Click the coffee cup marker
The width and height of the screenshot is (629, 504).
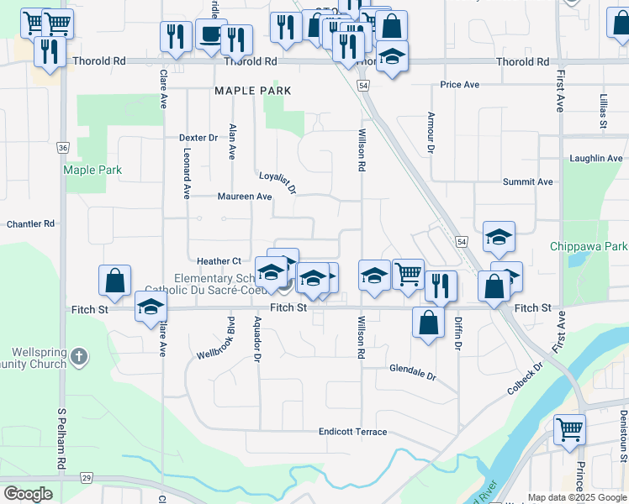pyautogui.click(x=211, y=36)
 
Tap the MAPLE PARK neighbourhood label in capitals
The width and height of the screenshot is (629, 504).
pyautogui.click(x=253, y=91)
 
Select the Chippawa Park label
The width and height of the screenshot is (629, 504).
pyautogui.click(x=589, y=246)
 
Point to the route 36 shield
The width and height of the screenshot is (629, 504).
pyautogui.click(x=63, y=147)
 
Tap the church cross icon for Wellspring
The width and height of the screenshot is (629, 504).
pyautogui.click(x=79, y=357)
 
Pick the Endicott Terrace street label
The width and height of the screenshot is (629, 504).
pyautogui.click(x=352, y=432)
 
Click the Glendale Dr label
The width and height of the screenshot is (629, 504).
pyautogui.click(x=413, y=371)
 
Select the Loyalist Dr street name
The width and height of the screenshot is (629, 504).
pyautogui.click(x=277, y=182)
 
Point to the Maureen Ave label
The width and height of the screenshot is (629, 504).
pyautogui.click(x=245, y=197)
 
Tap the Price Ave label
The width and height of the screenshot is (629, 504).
pyautogui.click(x=460, y=85)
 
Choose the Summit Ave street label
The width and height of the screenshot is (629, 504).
pyautogui.click(x=527, y=181)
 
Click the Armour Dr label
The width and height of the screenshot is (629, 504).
pyautogui.click(x=431, y=133)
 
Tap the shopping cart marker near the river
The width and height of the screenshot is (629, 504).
pyautogui.click(x=570, y=429)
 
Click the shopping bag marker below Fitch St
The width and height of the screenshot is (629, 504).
pyautogui.click(x=429, y=322)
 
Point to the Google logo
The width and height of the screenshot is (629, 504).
pyautogui.click(x=27, y=494)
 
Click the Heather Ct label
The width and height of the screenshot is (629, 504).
pyautogui.click(x=219, y=261)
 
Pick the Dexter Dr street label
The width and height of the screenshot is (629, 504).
pyautogui.click(x=198, y=138)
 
